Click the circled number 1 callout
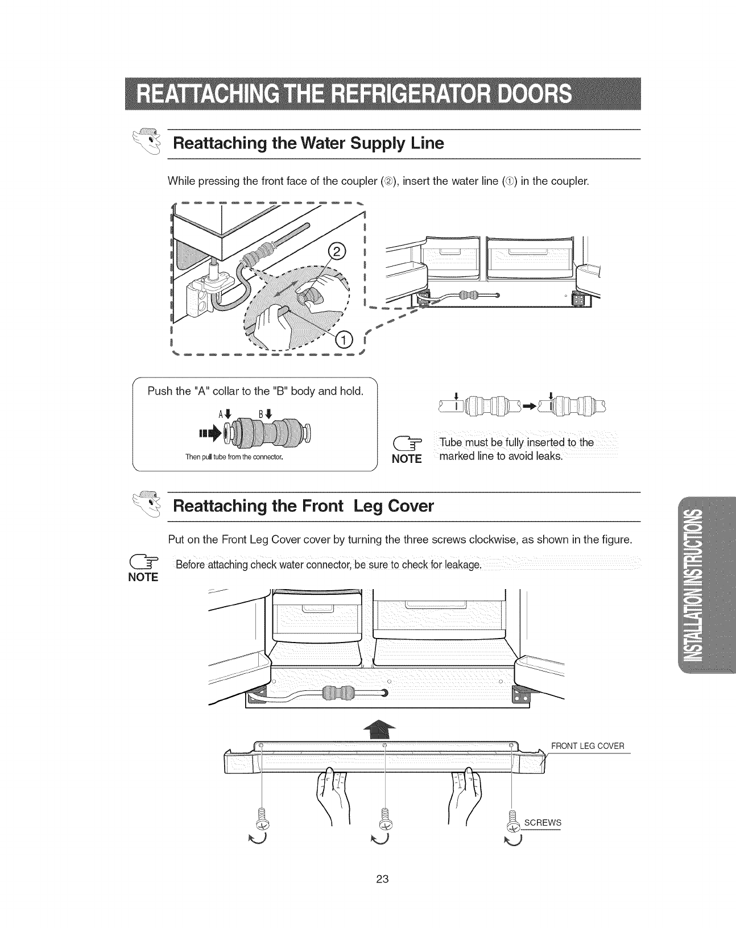345,339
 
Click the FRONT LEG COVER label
587,746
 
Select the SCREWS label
543,822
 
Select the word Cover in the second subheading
404,506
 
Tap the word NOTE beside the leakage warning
143,577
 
